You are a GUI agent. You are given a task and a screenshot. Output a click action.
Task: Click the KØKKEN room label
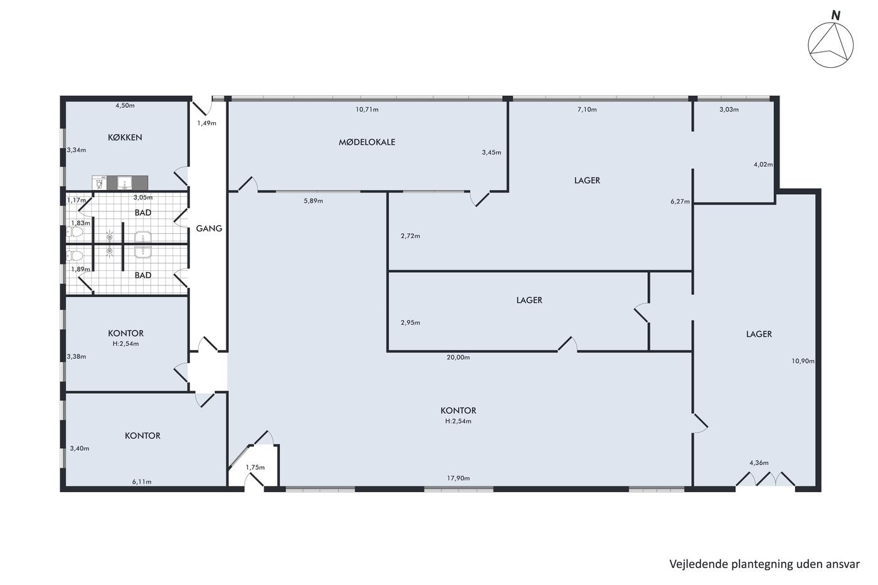point(125,137)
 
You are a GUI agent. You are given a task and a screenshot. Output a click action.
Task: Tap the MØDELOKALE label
point(367,142)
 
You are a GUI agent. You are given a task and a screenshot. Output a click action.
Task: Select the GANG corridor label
point(209,228)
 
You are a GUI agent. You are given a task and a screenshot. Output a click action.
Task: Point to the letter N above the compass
point(836,16)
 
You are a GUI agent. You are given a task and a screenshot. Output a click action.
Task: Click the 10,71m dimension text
point(367,109)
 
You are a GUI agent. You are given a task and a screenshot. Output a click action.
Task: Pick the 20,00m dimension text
point(458,357)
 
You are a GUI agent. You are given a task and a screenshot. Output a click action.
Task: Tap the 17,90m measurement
point(458,478)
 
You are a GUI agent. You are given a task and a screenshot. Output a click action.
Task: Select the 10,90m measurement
point(803,361)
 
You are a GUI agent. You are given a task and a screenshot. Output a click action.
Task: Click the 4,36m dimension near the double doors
point(759,463)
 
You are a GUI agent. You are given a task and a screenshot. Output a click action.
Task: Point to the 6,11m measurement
point(142,482)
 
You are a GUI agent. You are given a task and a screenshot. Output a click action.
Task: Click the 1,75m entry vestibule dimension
point(255,467)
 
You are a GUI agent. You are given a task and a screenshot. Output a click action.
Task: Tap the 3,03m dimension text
point(729,109)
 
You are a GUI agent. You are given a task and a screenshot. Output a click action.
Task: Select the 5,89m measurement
point(314,201)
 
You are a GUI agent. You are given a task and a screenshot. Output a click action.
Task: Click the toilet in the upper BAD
point(75,232)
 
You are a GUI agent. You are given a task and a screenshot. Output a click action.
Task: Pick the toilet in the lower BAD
point(75,256)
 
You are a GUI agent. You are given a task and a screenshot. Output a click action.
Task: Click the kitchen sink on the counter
point(125,183)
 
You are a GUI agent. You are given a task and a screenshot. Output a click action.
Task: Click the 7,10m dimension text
point(587,109)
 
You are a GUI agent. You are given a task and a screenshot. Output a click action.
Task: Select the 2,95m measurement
point(410,322)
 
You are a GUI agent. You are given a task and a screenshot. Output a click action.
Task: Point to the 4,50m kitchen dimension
point(125,105)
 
